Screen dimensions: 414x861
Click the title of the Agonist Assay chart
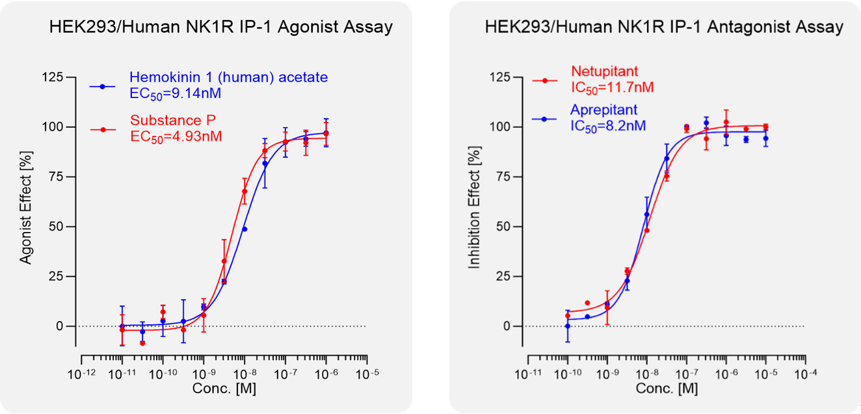[221, 27]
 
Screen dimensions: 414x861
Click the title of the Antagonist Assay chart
[664, 27]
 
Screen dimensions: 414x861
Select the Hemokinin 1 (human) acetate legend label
[228, 77]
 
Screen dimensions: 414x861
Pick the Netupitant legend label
[605, 71]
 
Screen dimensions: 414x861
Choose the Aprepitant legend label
[604, 109]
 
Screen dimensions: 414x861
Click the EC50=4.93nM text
[176, 136]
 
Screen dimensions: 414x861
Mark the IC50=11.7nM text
[612, 87]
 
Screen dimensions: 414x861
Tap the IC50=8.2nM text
[608, 125]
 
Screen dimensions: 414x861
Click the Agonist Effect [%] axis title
[26, 201]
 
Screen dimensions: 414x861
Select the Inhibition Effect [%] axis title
[475, 201]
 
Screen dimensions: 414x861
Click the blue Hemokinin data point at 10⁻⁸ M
[245, 229]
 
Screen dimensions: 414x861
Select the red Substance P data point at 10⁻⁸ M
[245, 191]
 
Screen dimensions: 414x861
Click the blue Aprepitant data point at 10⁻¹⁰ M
[568, 326]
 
